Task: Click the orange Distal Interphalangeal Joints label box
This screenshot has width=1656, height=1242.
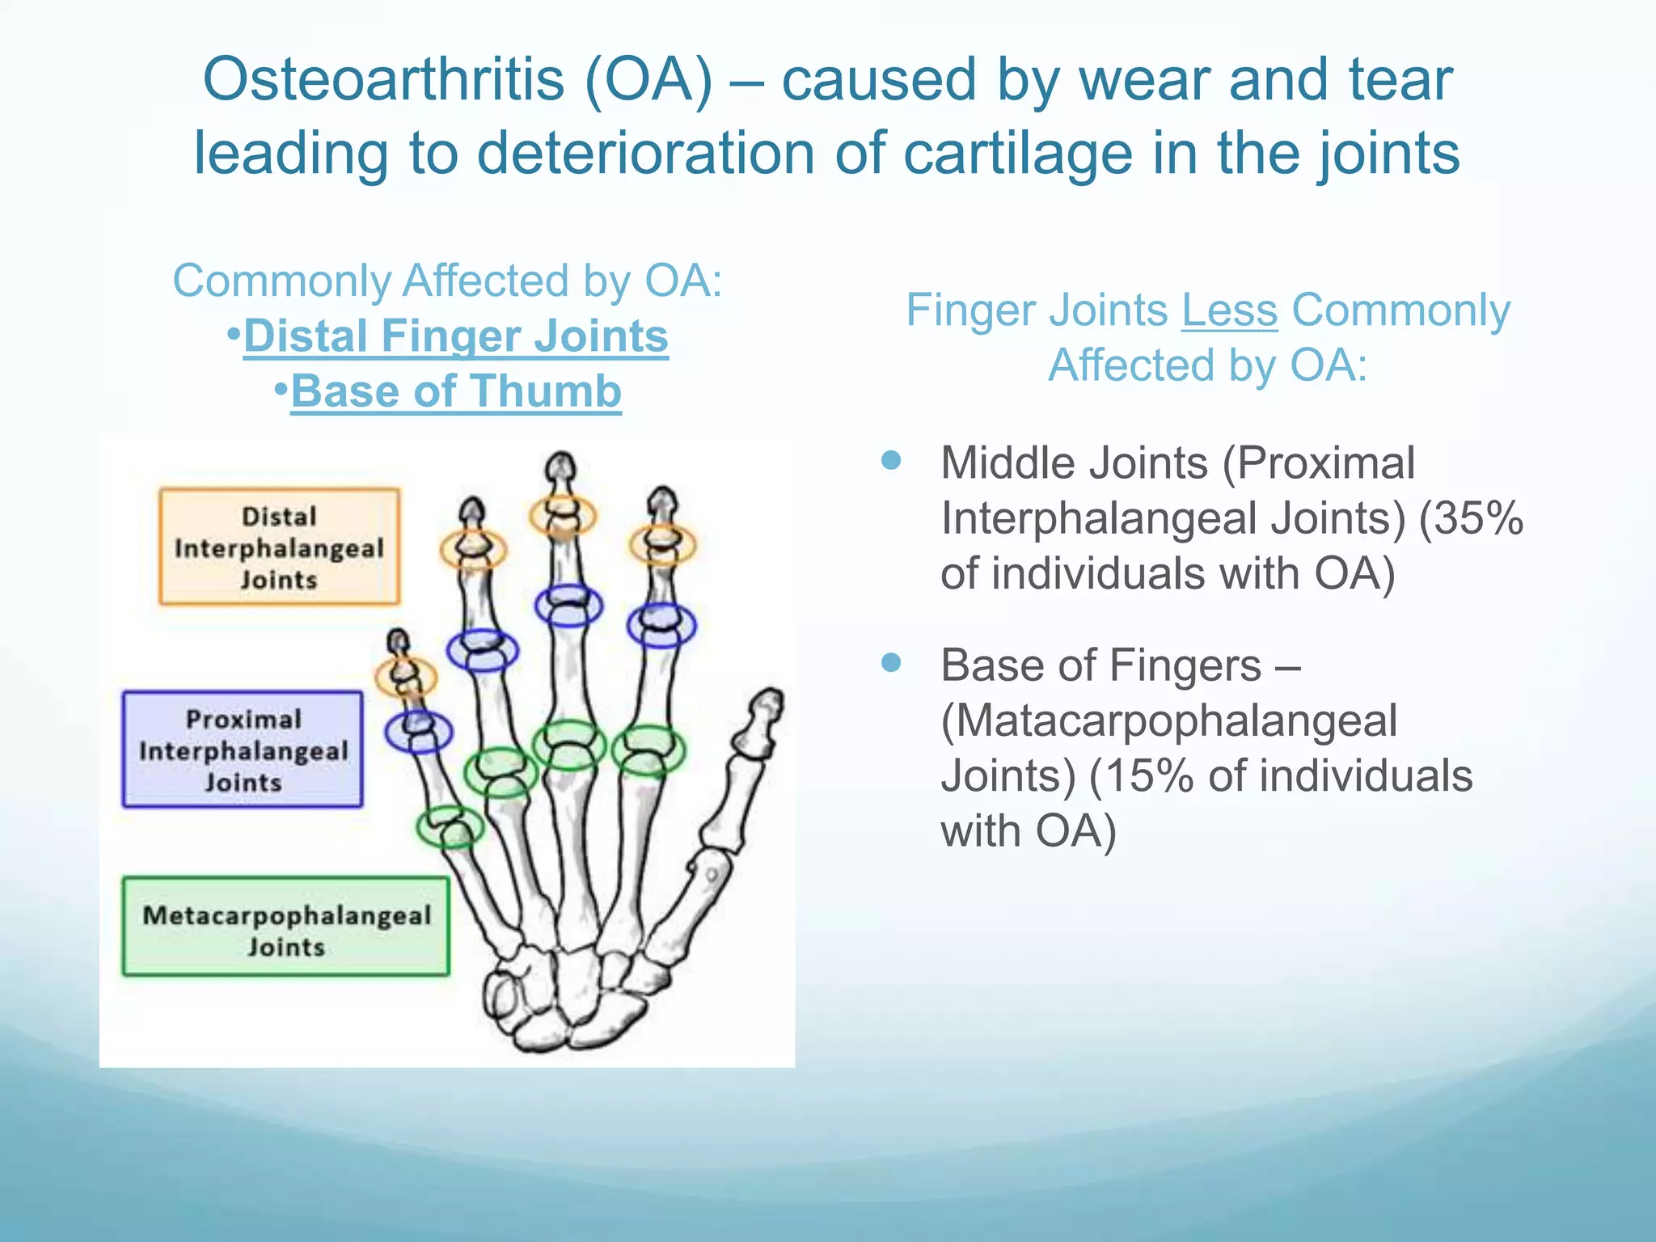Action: (279, 547)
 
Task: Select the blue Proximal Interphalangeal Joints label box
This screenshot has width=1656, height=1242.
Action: (243, 750)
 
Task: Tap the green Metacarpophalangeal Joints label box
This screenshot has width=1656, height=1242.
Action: (285, 927)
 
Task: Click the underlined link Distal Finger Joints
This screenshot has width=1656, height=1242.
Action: (455, 336)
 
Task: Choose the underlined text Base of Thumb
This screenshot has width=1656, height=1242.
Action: (455, 391)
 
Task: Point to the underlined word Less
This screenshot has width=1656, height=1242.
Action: (1229, 310)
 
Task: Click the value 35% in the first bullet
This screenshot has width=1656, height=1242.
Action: (1471, 518)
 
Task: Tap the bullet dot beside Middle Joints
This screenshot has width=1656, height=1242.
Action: (891, 461)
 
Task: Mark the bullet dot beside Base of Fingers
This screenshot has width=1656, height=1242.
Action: (891, 663)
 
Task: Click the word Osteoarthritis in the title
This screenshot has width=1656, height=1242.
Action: (383, 80)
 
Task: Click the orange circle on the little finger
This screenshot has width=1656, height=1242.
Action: (405, 676)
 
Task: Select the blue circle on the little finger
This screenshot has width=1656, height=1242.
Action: (418, 731)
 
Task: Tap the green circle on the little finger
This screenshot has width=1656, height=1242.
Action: (450, 826)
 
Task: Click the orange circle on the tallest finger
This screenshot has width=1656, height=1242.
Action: (563, 515)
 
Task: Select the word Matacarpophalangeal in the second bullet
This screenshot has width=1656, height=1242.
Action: (1168, 720)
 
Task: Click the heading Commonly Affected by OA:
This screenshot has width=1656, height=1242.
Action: (447, 281)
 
